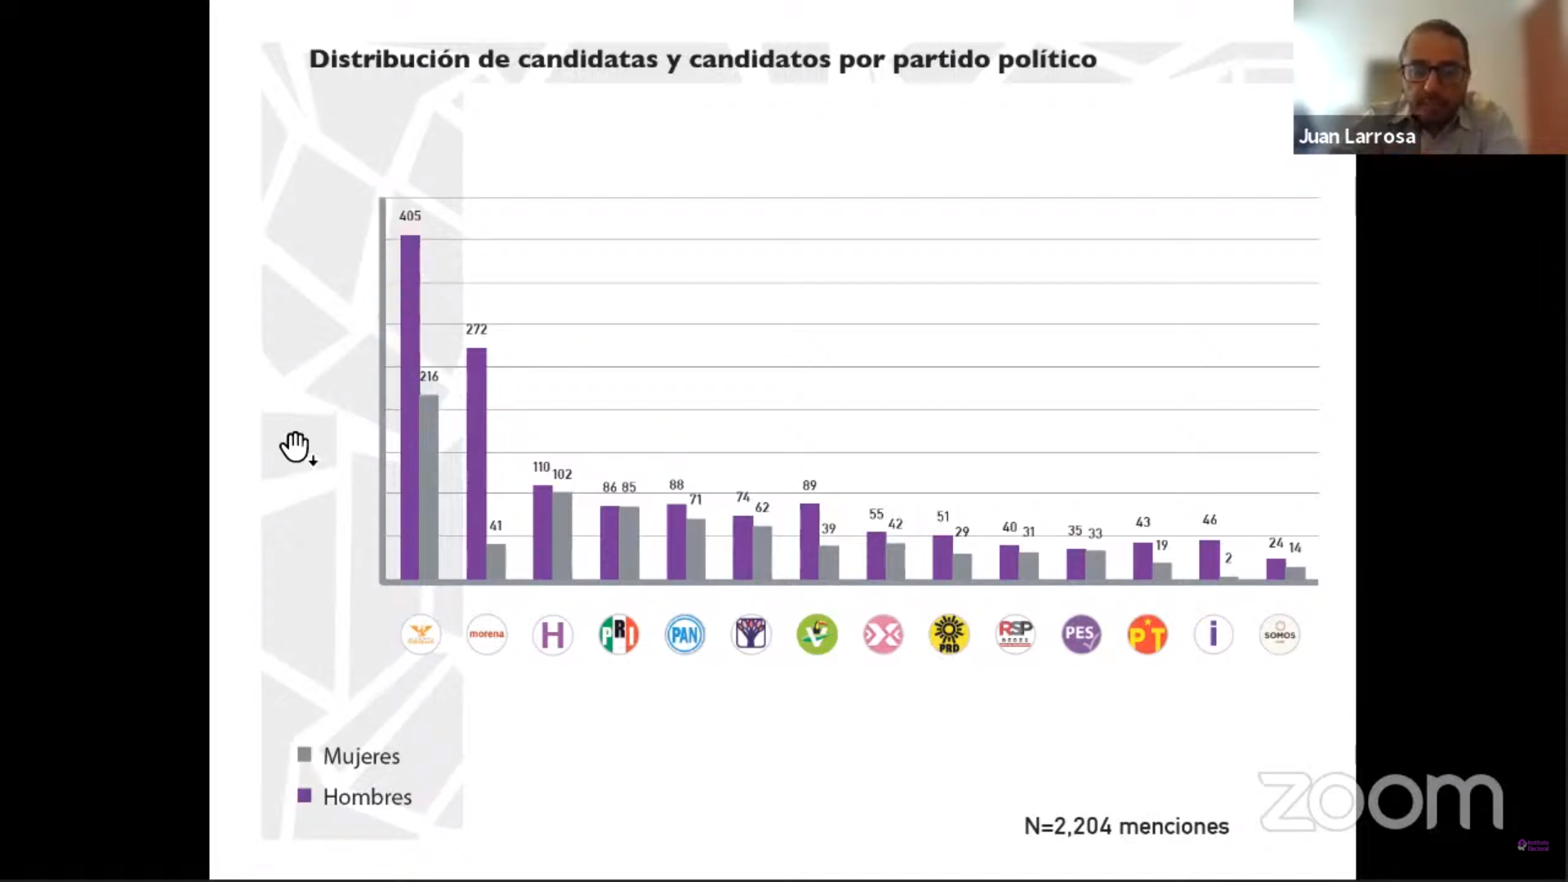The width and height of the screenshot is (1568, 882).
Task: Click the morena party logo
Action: pyautogui.click(x=487, y=635)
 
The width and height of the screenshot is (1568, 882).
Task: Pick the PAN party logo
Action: pyautogui.click(x=684, y=635)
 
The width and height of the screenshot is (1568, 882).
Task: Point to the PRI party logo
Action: pyautogui.click(x=618, y=635)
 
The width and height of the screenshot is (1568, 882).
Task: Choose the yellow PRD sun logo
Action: pyautogui.click(x=949, y=635)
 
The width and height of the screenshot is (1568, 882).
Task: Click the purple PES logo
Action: pyautogui.click(x=1081, y=635)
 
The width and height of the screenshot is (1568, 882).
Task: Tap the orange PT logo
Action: pyautogui.click(x=1147, y=635)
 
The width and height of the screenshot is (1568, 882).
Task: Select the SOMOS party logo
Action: pyautogui.click(x=1279, y=635)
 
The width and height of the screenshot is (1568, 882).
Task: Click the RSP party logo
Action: pyautogui.click(x=1015, y=635)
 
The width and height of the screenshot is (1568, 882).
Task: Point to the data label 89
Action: pyautogui.click(x=809, y=485)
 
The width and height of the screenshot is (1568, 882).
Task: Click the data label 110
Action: pyautogui.click(x=541, y=467)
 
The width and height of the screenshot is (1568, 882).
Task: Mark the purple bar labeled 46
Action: pyautogui.click(x=1209, y=560)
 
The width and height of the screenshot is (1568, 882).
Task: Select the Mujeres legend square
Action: pyautogui.click(x=305, y=755)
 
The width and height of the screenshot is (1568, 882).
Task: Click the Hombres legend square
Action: pyautogui.click(x=305, y=795)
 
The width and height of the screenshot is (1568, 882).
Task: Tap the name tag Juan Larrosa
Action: pyautogui.click(x=1357, y=136)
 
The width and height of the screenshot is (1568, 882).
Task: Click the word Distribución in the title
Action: pyautogui.click(x=390, y=60)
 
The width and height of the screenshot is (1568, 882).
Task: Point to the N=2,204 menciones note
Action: pyautogui.click(x=1126, y=826)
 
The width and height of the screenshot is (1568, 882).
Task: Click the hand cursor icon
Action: pyautogui.click(x=296, y=447)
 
